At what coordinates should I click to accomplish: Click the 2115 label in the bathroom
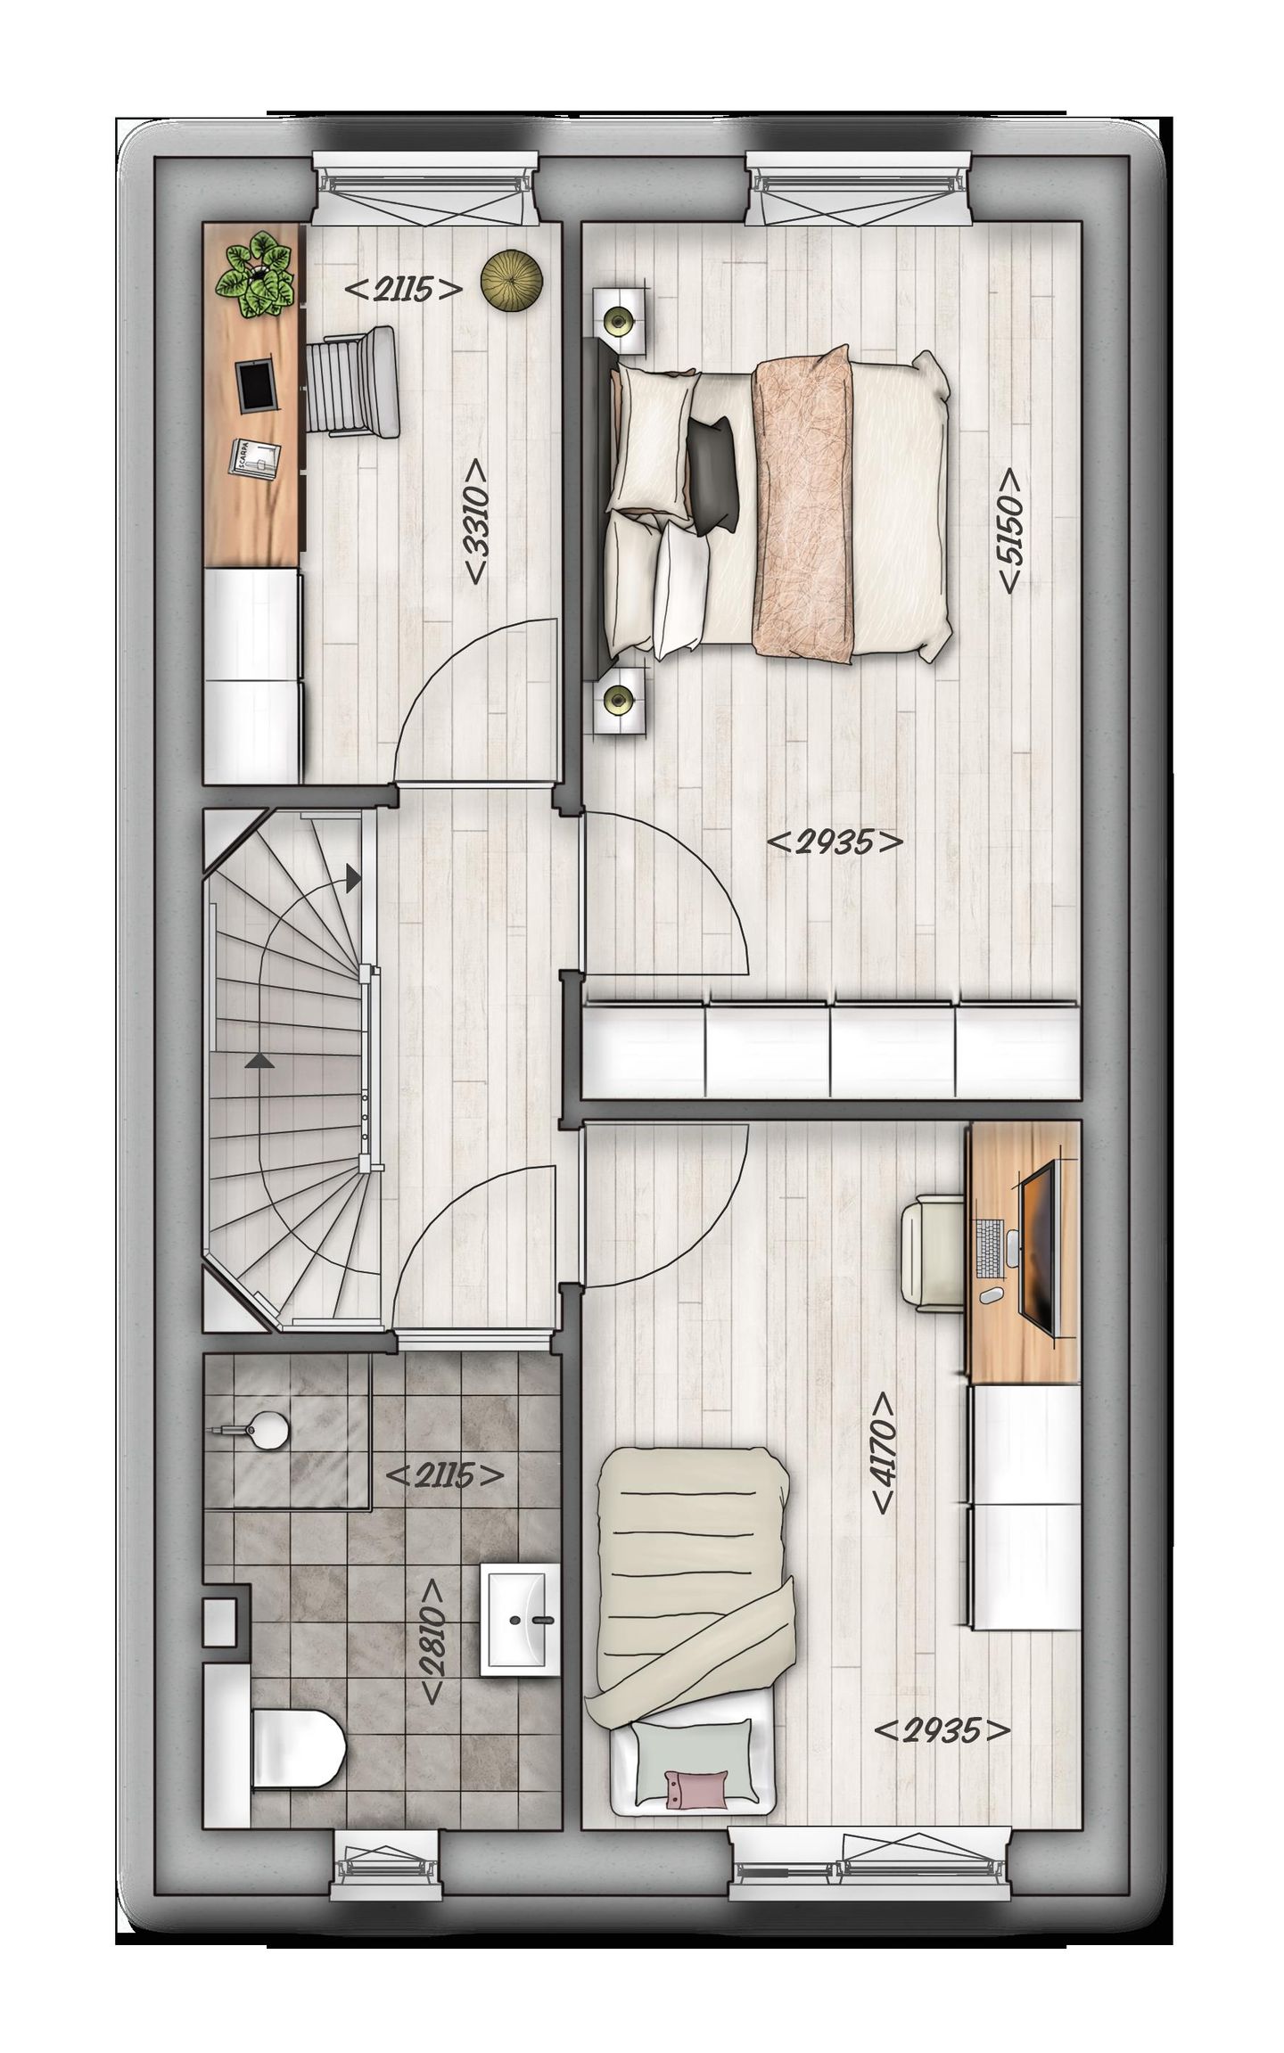point(444,1475)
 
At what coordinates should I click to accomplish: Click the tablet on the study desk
point(259,385)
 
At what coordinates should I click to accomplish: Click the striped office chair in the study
point(352,382)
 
